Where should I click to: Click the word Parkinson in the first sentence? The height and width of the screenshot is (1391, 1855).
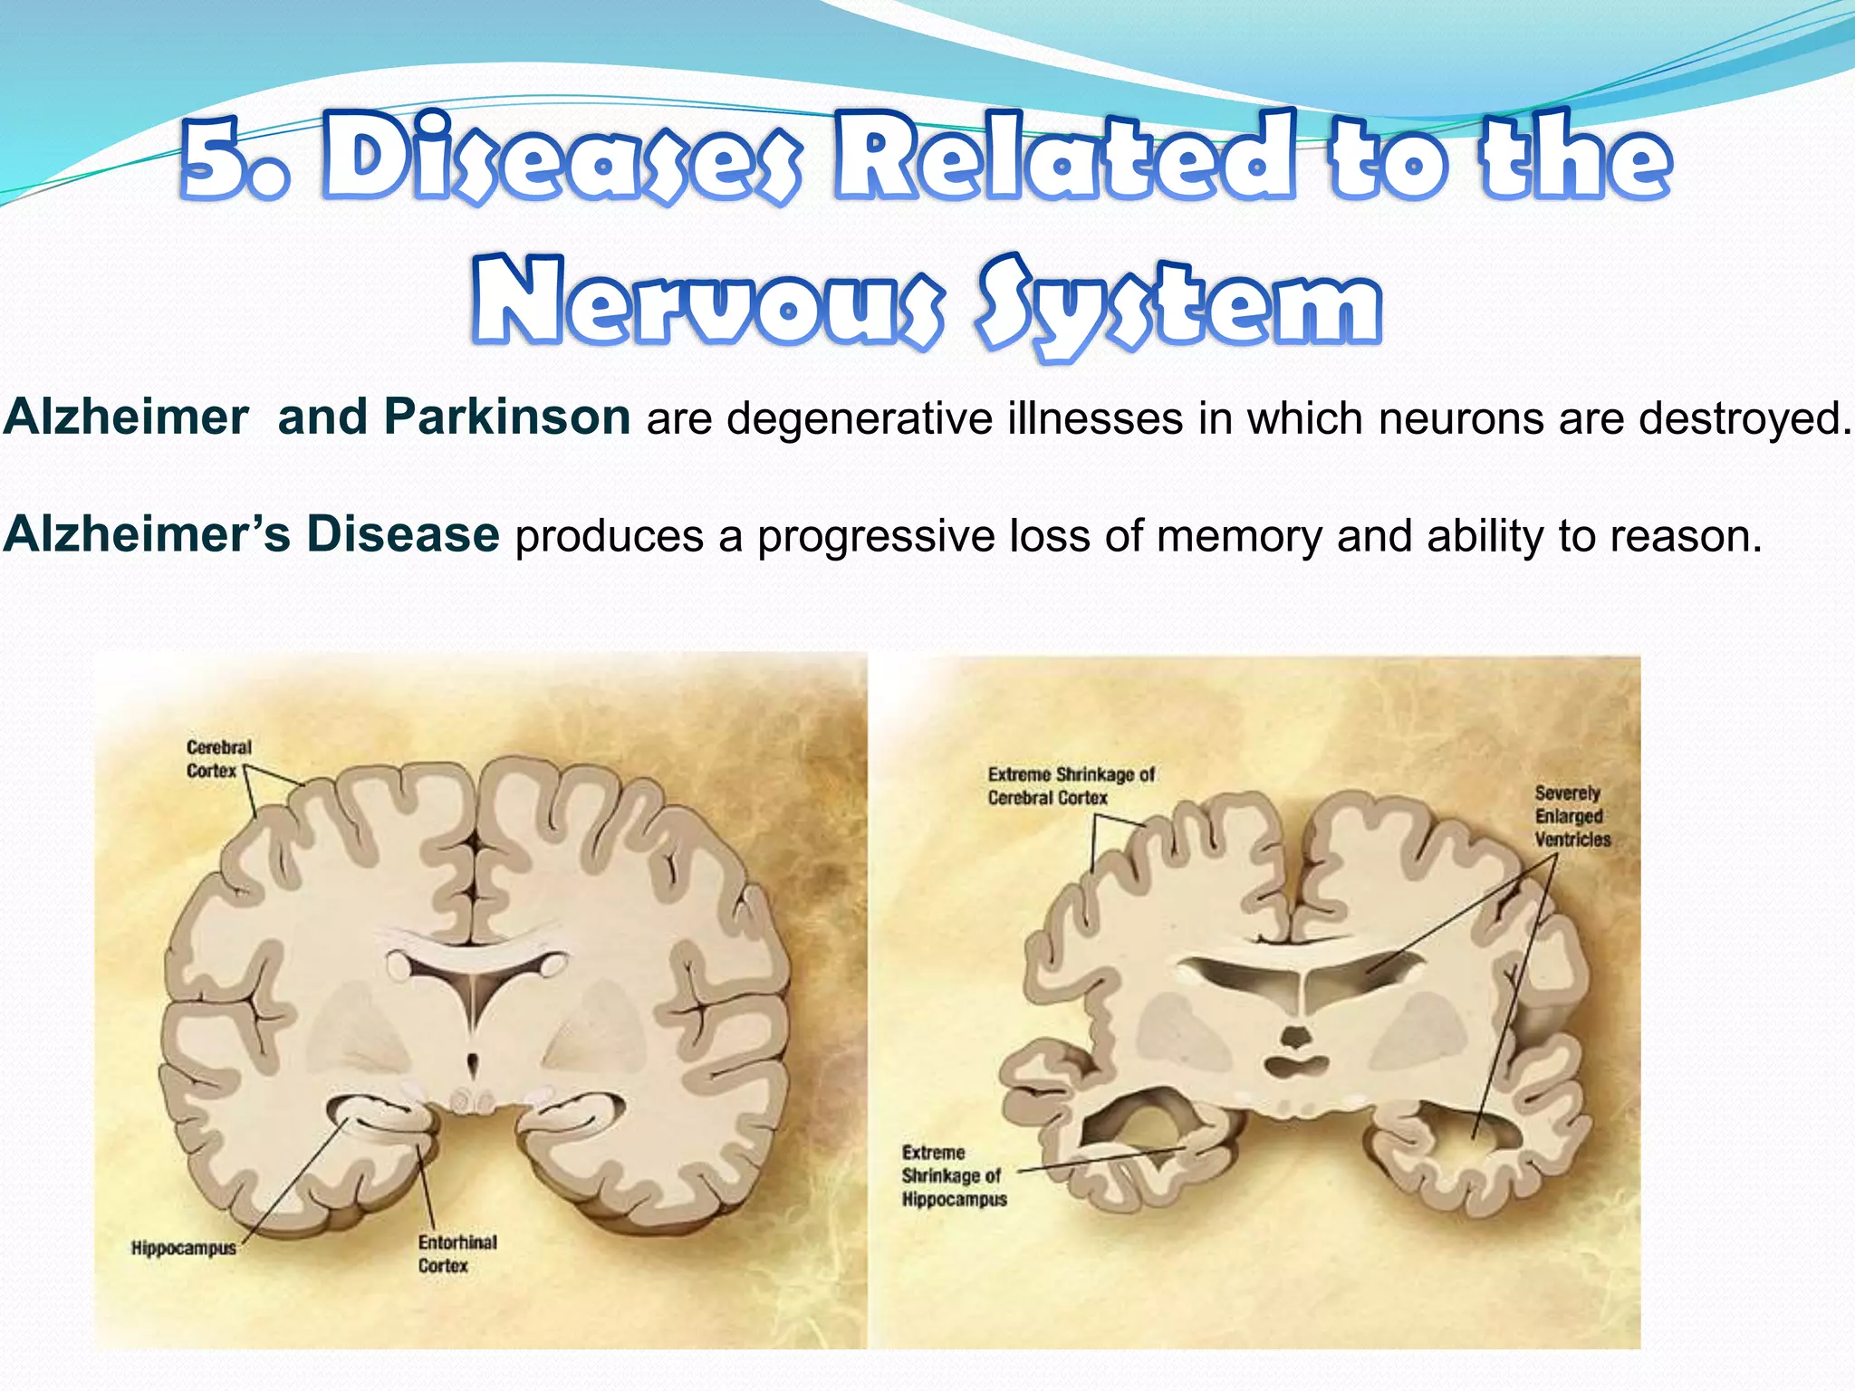(506, 417)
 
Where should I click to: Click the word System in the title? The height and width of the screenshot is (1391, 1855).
(1177, 303)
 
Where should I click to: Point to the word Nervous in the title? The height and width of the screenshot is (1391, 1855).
(706, 303)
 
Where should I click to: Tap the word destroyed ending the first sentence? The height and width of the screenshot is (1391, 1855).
(1740, 418)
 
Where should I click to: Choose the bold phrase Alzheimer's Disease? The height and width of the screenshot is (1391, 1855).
(251, 534)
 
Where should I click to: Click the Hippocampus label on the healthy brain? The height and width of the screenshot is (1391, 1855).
(183, 1248)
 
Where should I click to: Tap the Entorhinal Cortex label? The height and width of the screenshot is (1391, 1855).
(457, 1253)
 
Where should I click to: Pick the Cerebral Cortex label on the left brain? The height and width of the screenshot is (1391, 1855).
(218, 759)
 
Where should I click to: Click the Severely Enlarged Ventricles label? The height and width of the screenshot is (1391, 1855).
(1572, 816)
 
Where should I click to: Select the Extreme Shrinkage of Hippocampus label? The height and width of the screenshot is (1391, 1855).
(954, 1175)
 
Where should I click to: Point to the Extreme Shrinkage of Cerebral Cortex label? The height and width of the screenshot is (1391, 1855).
(1071, 786)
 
